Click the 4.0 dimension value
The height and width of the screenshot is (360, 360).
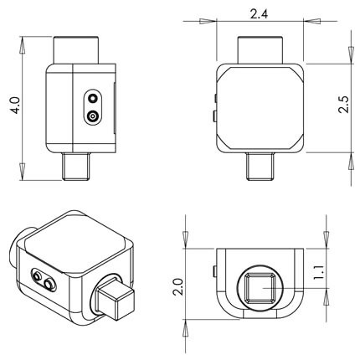[13, 107]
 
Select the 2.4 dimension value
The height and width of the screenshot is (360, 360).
[259, 13]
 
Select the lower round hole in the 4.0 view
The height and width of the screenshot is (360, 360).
[92, 116]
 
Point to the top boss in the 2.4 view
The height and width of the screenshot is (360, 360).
[260, 50]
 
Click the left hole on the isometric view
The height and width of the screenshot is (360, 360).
[36, 275]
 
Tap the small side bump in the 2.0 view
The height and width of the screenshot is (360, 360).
[213, 272]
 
